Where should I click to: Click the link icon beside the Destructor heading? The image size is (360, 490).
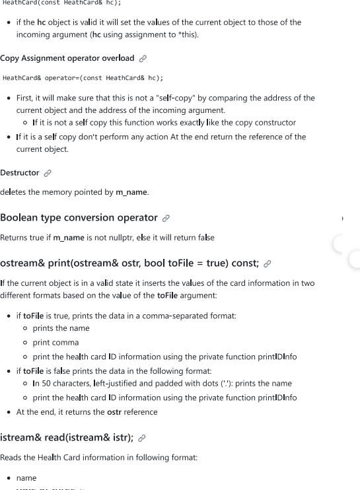47,174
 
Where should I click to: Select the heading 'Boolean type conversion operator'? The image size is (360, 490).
79,217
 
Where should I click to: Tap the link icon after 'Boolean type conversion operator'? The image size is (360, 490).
168,218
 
